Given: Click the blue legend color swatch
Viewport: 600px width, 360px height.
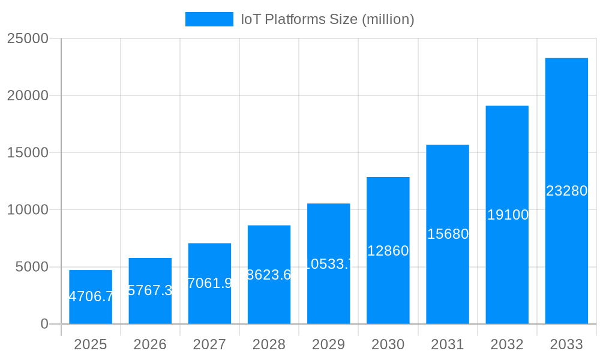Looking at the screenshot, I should [x=209, y=19].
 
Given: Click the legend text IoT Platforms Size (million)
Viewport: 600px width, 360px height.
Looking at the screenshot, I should [x=328, y=19].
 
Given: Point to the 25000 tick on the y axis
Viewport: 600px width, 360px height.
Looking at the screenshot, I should [x=28, y=38].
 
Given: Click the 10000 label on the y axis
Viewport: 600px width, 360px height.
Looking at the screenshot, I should [x=28, y=210].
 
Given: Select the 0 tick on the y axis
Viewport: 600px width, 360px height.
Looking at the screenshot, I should [x=44, y=324].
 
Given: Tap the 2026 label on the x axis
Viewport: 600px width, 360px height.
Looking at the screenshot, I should [x=150, y=344].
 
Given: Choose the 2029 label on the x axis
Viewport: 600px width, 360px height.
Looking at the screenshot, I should [x=328, y=344].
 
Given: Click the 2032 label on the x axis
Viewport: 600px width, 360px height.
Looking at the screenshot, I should [x=507, y=344].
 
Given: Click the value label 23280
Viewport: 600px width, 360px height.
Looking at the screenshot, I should [x=566, y=191].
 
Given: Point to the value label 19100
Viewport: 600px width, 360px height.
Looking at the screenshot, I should [x=507, y=215].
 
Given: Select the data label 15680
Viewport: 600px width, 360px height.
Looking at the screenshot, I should [x=448, y=234].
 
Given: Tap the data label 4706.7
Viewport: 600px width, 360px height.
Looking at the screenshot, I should [x=91, y=296].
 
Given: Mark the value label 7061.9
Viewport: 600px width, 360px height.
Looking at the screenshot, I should [x=209, y=283].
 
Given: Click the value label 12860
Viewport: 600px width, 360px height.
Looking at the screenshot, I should [x=388, y=251].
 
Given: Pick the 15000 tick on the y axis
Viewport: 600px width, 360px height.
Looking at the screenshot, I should [x=28, y=152].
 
